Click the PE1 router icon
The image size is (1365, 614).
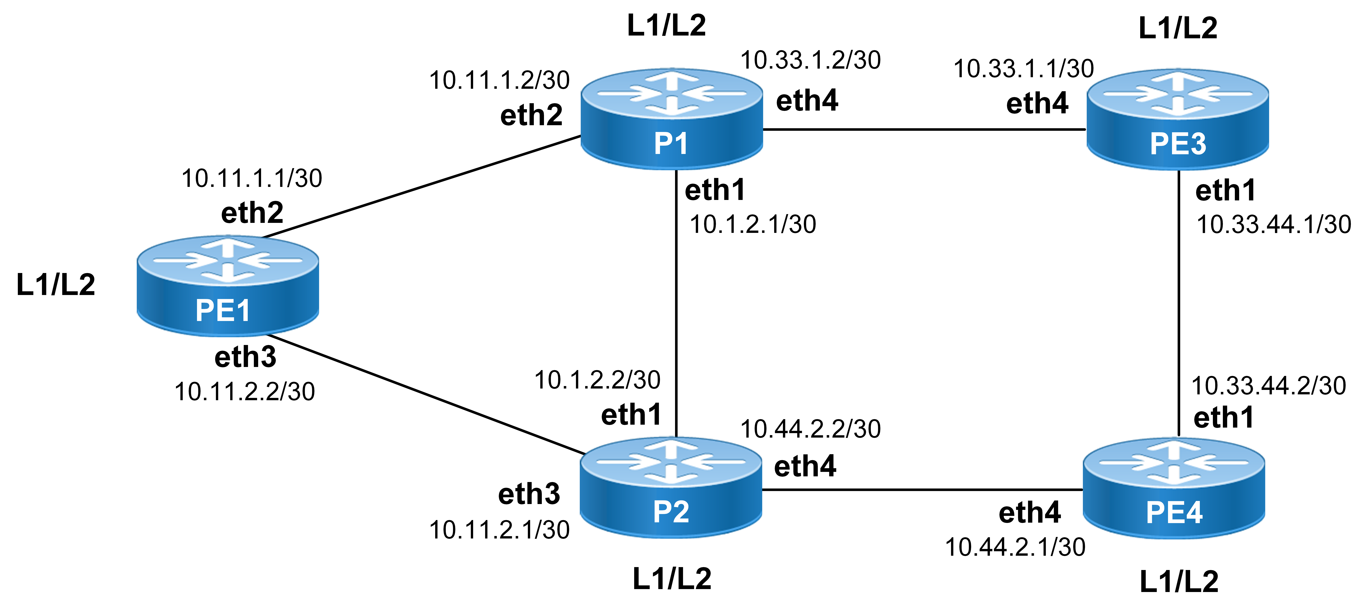(228, 286)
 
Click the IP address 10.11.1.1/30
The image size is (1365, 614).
(252, 178)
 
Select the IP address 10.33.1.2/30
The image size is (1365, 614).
(810, 60)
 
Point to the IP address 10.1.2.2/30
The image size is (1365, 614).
(597, 380)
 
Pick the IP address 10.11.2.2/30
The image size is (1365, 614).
(245, 391)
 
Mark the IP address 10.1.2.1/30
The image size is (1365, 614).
(752, 224)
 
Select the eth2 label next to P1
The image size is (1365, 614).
(531, 115)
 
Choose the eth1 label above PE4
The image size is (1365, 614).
(1223, 417)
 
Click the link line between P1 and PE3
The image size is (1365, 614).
(925, 129)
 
